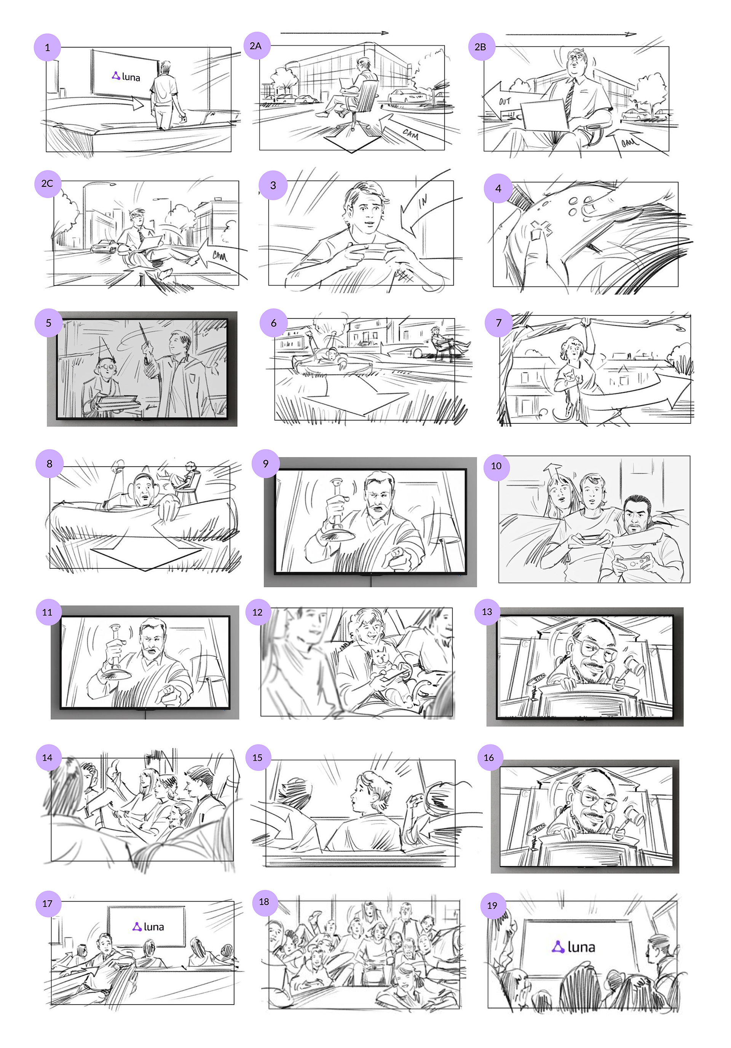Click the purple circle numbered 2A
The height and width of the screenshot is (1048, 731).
point(256,46)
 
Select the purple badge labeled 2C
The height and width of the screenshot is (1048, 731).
point(48,183)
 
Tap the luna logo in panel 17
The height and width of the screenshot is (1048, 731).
point(148,927)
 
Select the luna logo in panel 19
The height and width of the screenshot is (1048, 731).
point(573,947)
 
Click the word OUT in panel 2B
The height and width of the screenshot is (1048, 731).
point(504,101)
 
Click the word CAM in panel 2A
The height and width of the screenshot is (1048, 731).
point(410,133)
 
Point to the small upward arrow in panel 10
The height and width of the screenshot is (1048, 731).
point(552,472)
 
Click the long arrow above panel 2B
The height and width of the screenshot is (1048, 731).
point(571,34)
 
